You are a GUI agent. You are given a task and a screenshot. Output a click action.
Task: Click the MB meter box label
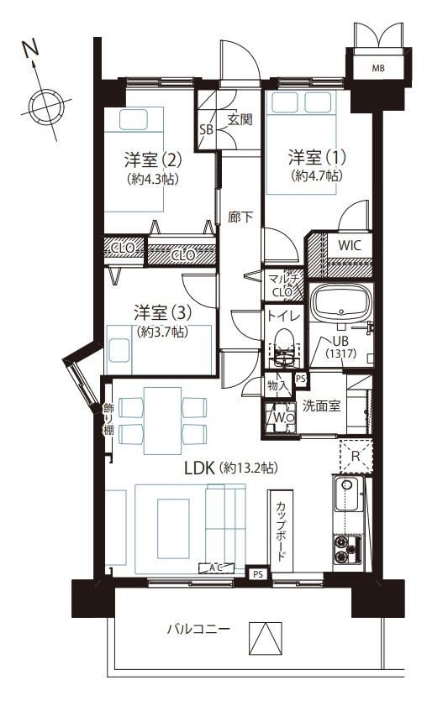pos(378,68)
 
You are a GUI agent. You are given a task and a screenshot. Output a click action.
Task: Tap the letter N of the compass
pos(31,49)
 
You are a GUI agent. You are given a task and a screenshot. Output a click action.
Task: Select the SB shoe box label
pos(206,129)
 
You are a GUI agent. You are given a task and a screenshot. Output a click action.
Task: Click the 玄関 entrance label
pos(240,119)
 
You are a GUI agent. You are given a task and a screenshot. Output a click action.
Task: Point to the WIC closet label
pos(349,245)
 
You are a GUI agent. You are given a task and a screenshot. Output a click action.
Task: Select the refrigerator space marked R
pos(356,457)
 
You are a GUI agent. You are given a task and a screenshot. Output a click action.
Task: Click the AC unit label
pos(216,568)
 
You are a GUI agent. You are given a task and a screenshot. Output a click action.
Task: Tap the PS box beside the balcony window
pos(258,574)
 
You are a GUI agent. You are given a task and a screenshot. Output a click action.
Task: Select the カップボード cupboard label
pos(281,531)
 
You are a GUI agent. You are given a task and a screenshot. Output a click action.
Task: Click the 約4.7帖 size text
pos(317,175)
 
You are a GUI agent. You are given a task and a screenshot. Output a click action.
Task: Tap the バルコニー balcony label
pos(198,630)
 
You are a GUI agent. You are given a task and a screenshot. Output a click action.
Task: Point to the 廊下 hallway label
pos(240,217)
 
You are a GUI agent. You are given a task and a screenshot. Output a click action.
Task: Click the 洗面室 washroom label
pos(321,405)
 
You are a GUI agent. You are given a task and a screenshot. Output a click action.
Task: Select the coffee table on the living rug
pos(174,528)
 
